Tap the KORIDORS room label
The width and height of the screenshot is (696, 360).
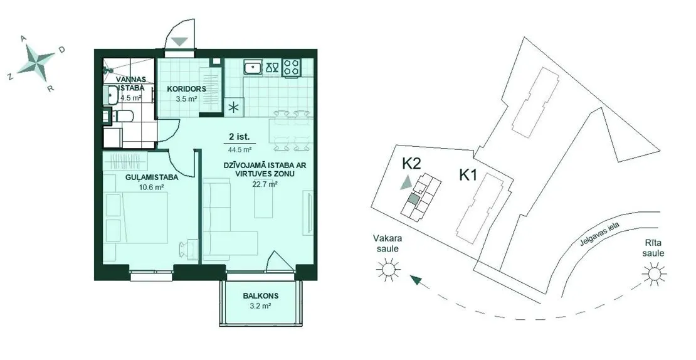186,89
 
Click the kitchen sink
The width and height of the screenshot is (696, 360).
253,68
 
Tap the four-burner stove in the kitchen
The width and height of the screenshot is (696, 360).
291,68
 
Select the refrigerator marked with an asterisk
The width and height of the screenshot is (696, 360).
234,107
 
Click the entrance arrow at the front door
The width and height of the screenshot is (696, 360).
180,41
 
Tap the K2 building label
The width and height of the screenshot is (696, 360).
411,164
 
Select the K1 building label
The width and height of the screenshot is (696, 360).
468,176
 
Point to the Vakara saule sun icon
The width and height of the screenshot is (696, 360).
388,269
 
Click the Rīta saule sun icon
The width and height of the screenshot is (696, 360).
654,274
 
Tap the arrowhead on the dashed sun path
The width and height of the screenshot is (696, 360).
416,280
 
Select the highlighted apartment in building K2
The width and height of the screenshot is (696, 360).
413,199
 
